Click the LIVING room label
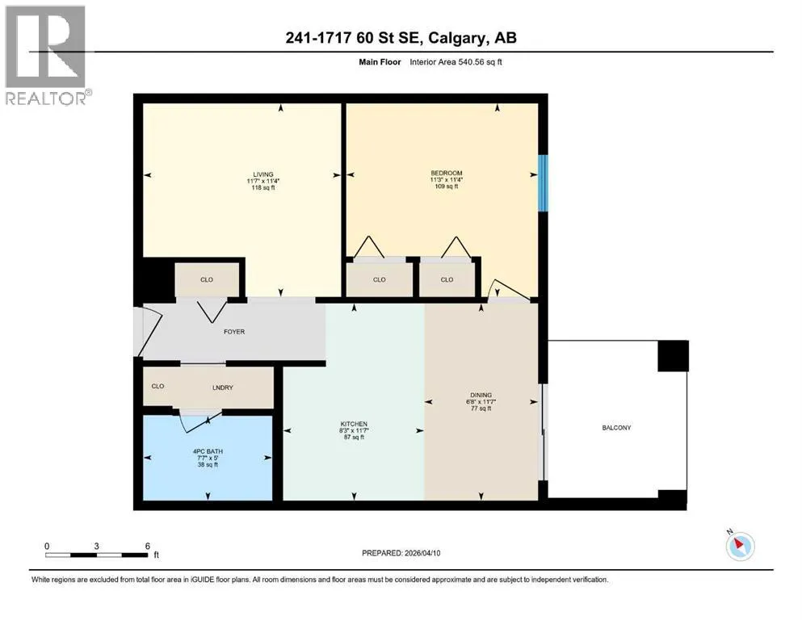pyautogui.click(x=263, y=174)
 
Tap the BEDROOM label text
pyautogui.click(x=446, y=174)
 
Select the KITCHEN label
pyautogui.click(x=354, y=425)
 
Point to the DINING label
pyautogui.click(x=481, y=395)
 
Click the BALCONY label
pyautogui.click(x=616, y=428)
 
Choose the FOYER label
pyautogui.click(x=234, y=332)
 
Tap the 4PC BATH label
pyautogui.click(x=208, y=452)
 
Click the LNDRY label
pyautogui.click(x=222, y=388)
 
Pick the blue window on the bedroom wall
pyautogui.click(x=544, y=183)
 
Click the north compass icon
pyautogui.click(x=740, y=546)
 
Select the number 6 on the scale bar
pyautogui.click(x=147, y=547)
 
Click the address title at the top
pyautogui.click(x=401, y=38)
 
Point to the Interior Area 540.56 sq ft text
pyautogui.click(x=456, y=62)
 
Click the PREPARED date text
pyautogui.click(x=401, y=553)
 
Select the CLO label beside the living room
pyautogui.click(x=207, y=280)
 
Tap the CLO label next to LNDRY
pyautogui.click(x=157, y=387)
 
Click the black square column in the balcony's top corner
pyautogui.click(x=673, y=356)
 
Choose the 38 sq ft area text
pyautogui.click(x=208, y=465)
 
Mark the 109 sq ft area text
pyautogui.click(x=446, y=186)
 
